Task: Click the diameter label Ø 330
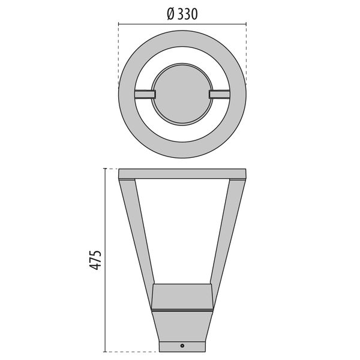click(x=182, y=14)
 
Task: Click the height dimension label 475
click(x=95, y=260)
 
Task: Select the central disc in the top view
click(x=182, y=94)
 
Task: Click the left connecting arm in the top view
click(x=145, y=94)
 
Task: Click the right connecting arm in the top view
click(x=220, y=94)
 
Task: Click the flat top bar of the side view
click(x=182, y=174)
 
